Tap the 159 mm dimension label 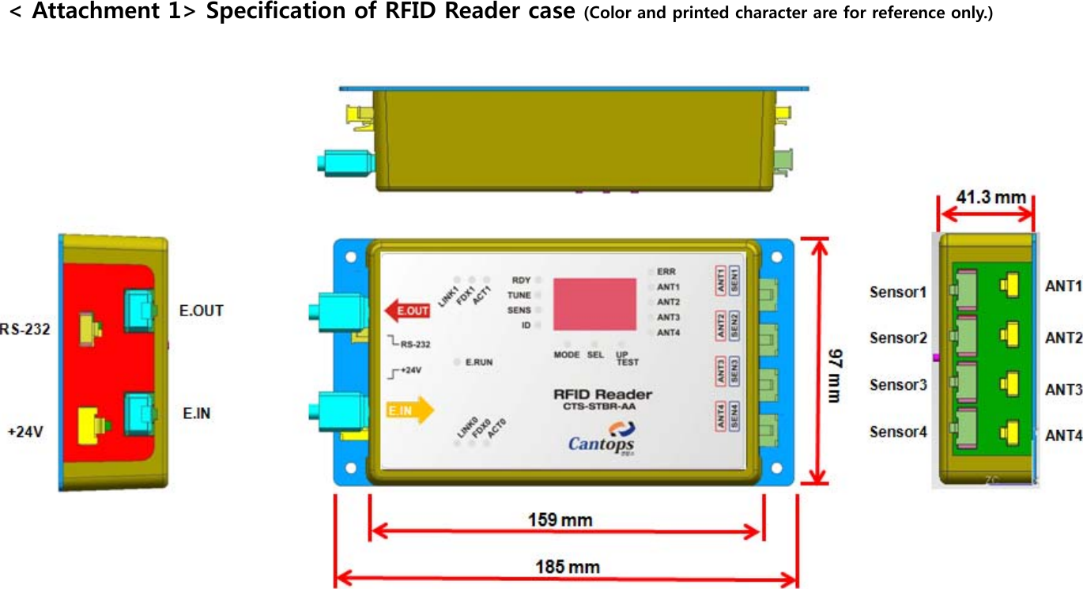click(560, 519)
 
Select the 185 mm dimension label click(567, 566)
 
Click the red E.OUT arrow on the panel click(407, 311)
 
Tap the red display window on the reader click(594, 304)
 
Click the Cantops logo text click(601, 444)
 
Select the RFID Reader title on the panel click(602, 395)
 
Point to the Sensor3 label click(898, 385)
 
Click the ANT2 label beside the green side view click(1063, 338)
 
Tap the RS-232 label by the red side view click(25, 329)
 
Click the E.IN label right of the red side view click(197, 413)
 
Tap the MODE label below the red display click(567, 355)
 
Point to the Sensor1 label click(898, 292)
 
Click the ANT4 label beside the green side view click(1063, 435)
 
